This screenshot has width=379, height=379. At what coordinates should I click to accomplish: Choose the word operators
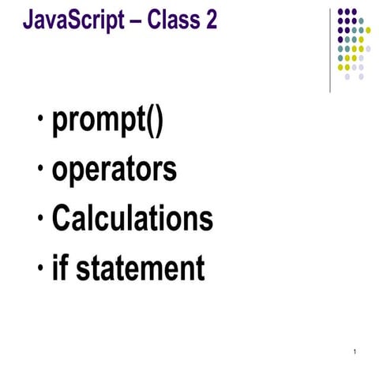pyautogui.click(x=114, y=170)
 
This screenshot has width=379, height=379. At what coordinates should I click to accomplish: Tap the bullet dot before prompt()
pyautogui.click(x=39, y=124)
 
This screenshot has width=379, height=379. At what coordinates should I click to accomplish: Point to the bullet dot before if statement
pyautogui.click(x=39, y=268)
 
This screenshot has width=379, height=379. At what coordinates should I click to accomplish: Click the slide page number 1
pyautogui.click(x=357, y=351)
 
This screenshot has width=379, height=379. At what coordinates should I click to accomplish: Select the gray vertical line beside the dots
pyautogui.click(x=330, y=47)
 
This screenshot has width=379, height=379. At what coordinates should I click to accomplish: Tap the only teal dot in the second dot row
pyautogui.click(x=361, y=21)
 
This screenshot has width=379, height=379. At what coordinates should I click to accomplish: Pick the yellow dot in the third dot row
pyautogui.click(x=368, y=30)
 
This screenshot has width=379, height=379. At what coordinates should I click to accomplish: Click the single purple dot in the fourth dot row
pyautogui.click(x=340, y=39)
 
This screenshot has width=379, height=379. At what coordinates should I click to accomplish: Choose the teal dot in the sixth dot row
pyautogui.click(x=340, y=58)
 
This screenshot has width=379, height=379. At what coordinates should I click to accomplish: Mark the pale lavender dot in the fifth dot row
pyautogui.click(x=368, y=48)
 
